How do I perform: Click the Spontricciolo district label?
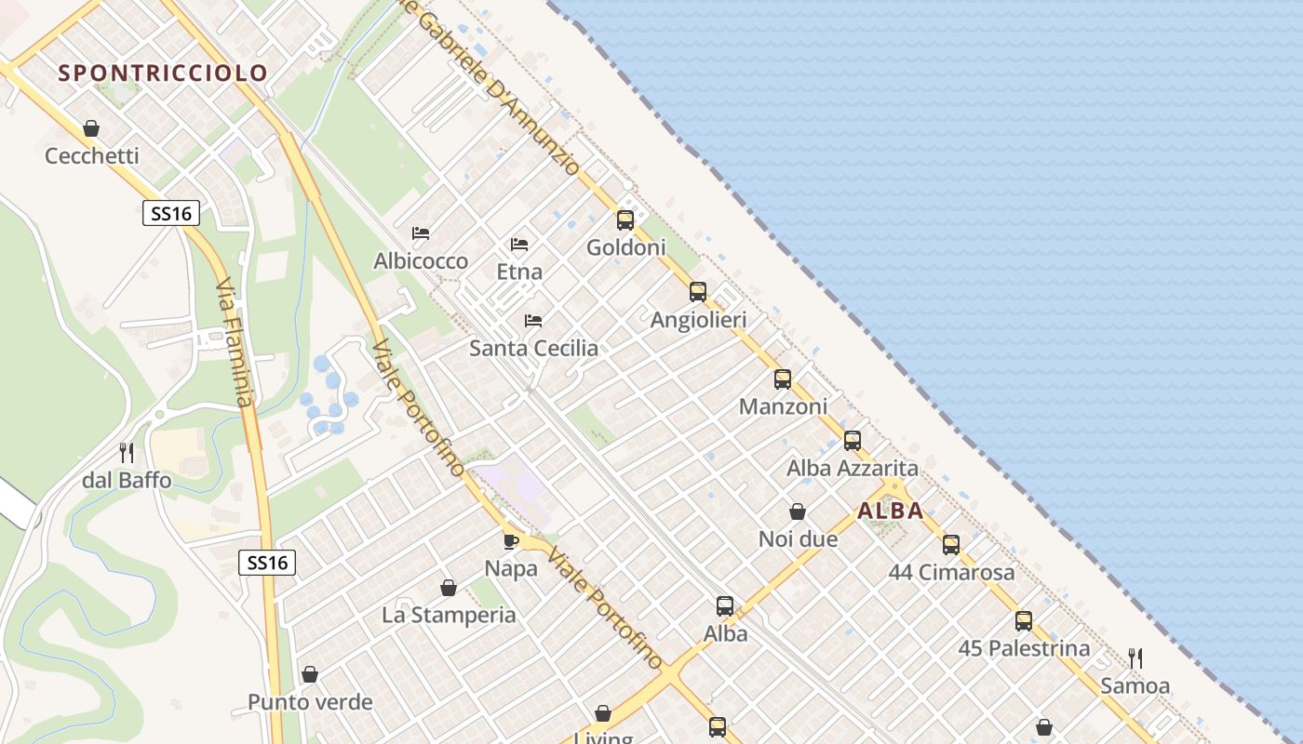(163, 73)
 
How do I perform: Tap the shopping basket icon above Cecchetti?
(91, 128)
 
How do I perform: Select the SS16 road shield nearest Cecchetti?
(171, 213)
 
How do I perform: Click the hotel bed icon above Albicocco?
(421, 232)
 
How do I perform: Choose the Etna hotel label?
(519, 272)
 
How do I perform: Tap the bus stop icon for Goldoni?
(625, 220)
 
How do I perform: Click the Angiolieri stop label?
(698, 320)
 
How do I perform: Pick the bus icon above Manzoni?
(783, 379)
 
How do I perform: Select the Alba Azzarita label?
(853, 468)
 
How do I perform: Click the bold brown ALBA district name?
(891, 511)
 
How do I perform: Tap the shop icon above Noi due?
(798, 511)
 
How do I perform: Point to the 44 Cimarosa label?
(951, 572)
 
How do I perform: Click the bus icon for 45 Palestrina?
(1024, 621)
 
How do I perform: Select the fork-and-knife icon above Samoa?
(1135, 658)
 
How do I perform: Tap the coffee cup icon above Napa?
(510, 540)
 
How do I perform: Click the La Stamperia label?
(449, 615)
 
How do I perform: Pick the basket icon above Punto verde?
(310, 674)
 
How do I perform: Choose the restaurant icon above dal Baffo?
(127, 453)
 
